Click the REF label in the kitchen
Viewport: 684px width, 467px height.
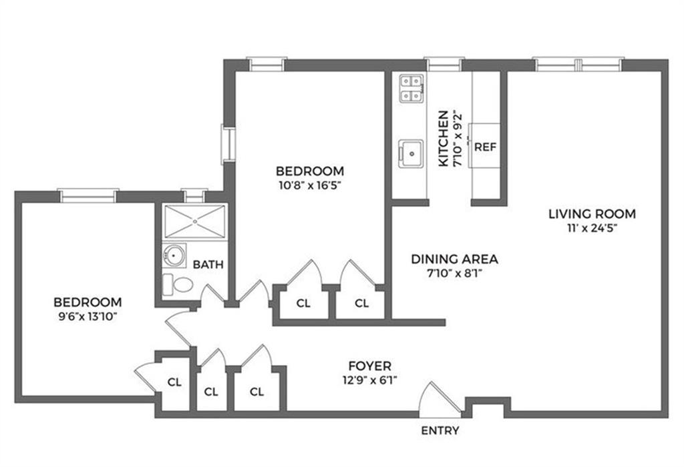pos(485,147)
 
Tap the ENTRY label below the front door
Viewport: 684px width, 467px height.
pos(440,430)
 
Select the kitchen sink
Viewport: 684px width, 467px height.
pos(411,153)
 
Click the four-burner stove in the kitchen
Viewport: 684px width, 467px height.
pos(411,89)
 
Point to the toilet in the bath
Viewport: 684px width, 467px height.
pos(178,285)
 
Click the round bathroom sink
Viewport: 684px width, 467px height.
pos(174,255)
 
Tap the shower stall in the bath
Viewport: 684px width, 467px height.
pos(194,221)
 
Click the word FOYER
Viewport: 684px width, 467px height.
pos(369,366)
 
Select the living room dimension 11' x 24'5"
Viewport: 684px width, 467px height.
pos(592,228)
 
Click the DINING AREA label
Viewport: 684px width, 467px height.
pos(454,260)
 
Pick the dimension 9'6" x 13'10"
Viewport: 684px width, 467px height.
pos(88,316)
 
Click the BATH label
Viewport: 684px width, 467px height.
pos(208,264)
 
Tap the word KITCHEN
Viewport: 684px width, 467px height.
pos(444,138)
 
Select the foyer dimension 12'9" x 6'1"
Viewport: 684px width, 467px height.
pos(369,380)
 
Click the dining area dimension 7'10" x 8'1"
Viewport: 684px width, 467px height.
pos(454,274)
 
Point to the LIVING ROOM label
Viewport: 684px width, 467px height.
pos(592,214)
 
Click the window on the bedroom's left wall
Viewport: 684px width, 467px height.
pos(228,144)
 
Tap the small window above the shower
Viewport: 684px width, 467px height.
pos(194,195)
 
